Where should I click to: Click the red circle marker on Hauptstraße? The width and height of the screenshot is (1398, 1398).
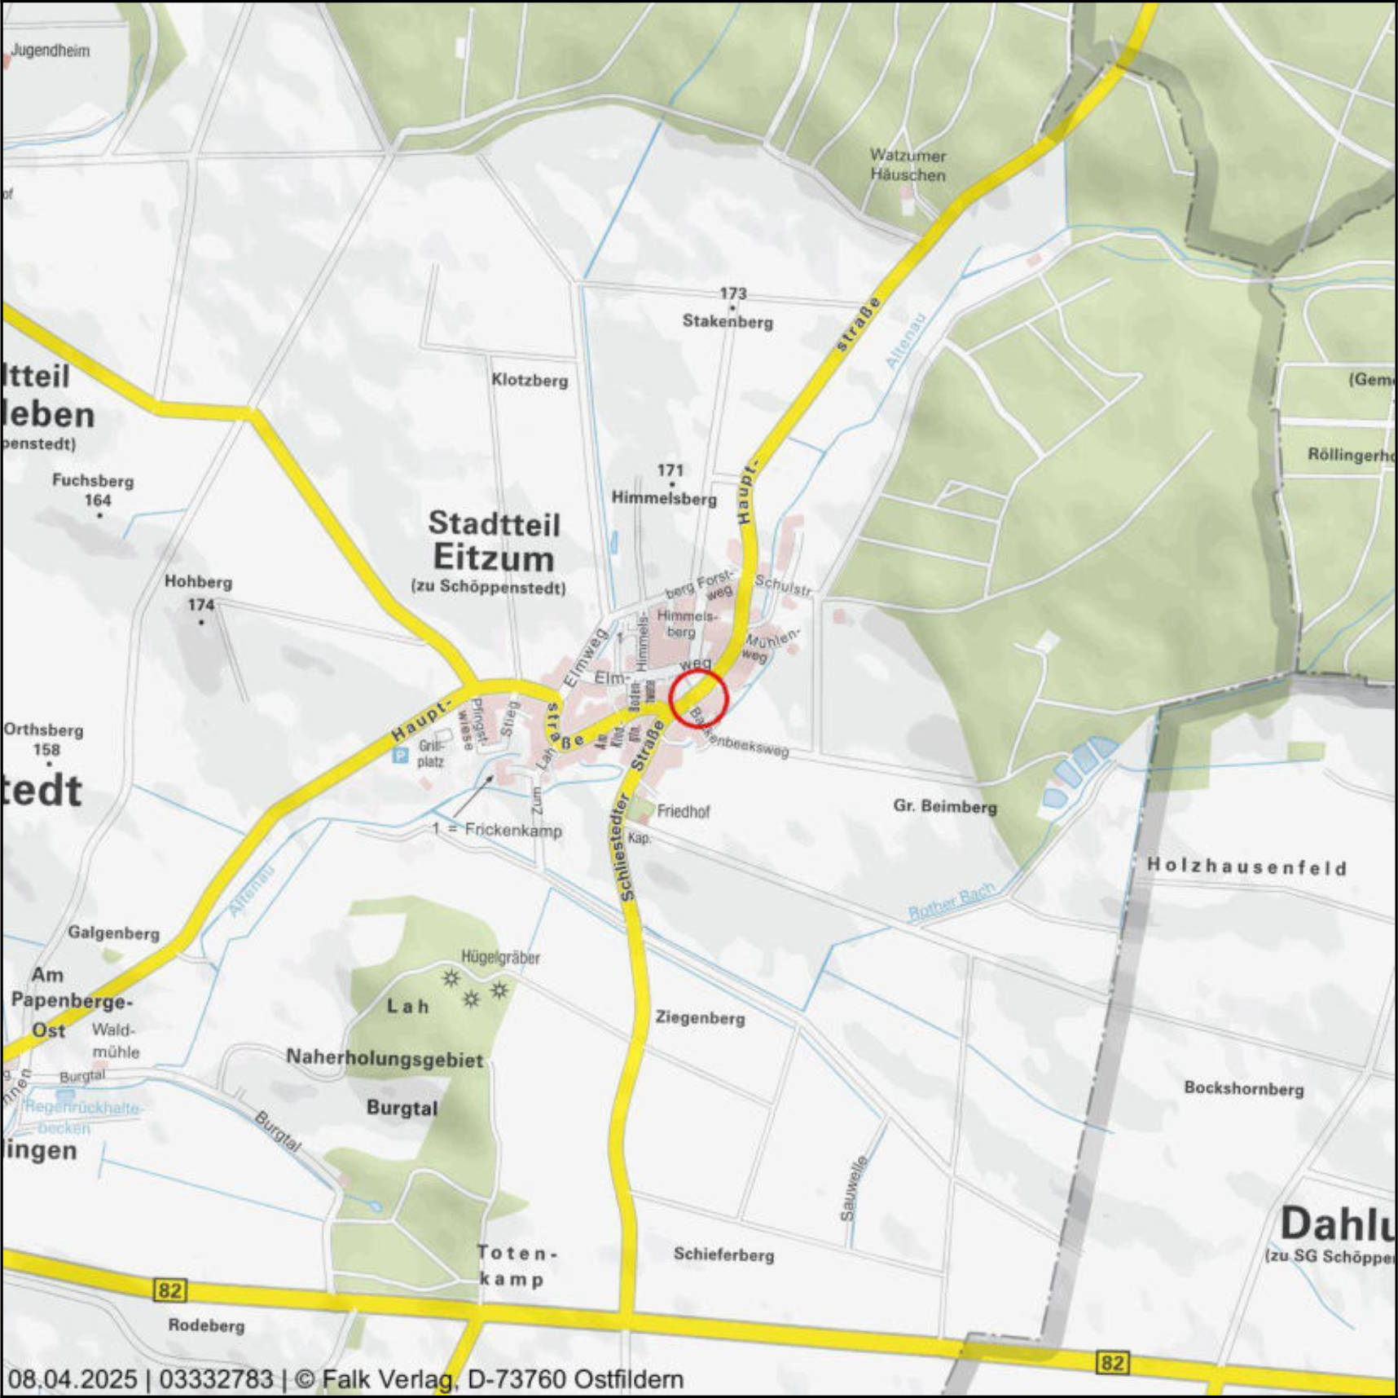point(698,699)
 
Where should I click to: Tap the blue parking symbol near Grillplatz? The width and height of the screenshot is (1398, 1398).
point(400,756)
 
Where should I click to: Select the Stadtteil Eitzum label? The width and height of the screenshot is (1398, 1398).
point(494,541)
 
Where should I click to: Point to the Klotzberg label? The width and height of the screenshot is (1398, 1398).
point(530,380)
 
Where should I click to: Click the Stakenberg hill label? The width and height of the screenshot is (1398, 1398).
point(728,321)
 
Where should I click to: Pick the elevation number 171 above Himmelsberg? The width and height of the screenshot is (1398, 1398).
point(670,470)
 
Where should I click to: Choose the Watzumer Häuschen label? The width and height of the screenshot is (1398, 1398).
point(908,165)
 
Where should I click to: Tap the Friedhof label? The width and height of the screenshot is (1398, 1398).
point(683,811)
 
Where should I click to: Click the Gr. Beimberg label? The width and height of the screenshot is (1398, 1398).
point(945,806)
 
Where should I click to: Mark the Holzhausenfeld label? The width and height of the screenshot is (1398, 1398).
point(1246,866)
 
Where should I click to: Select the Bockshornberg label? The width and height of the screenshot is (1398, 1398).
point(1243,1088)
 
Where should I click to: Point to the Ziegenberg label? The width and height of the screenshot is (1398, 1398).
point(700,1017)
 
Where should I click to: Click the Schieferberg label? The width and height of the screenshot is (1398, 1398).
point(723,1255)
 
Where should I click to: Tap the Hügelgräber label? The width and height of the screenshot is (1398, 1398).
point(500,957)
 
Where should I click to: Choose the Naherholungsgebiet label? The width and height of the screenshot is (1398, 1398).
point(385,1059)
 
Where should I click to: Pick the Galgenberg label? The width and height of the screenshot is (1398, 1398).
point(113,933)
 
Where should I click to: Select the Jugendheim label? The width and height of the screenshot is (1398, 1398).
point(51,51)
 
